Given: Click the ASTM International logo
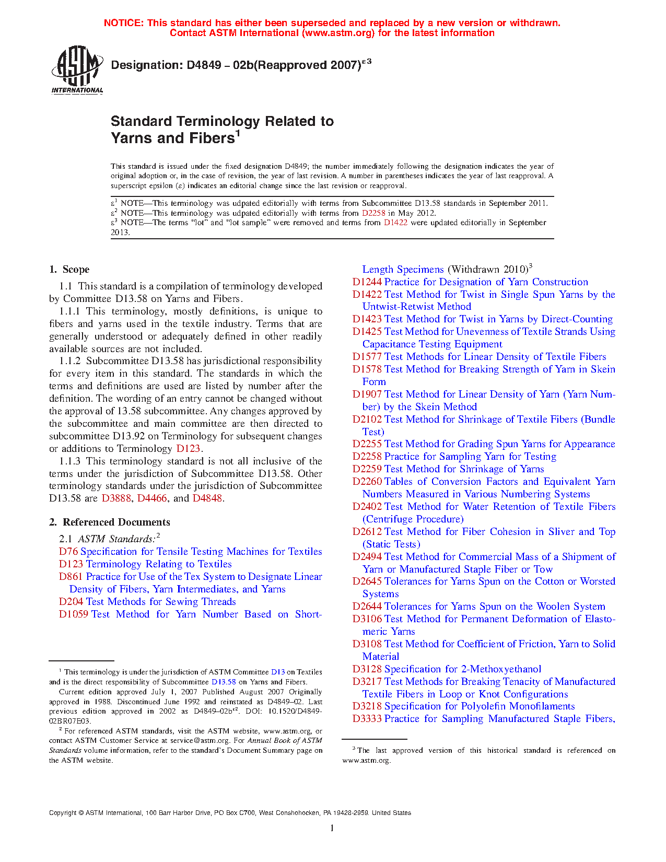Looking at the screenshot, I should [x=77, y=69].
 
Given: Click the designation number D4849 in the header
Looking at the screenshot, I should [x=203, y=65].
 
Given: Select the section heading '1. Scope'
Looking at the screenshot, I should [x=69, y=270].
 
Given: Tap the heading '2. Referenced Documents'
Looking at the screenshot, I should [x=110, y=522].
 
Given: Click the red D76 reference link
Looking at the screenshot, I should [x=68, y=552].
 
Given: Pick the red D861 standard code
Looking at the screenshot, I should [x=71, y=577].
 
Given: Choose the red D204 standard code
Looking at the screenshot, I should [x=71, y=602].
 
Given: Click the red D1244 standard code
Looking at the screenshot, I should [x=367, y=282].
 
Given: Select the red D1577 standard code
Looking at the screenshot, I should [x=367, y=357].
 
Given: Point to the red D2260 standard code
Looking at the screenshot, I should [x=367, y=482].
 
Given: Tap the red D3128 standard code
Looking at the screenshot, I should [x=367, y=669].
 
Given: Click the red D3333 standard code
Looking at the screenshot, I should [x=367, y=719].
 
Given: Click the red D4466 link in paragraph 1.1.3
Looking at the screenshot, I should [x=152, y=498].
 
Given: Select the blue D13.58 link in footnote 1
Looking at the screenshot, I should [x=224, y=682].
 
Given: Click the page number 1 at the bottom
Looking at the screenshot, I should [x=332, y=828].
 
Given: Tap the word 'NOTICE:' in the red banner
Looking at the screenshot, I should [x=124, y=23].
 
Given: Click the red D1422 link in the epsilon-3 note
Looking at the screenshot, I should [x=395, y=223].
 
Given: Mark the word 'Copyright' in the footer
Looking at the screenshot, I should [x=63, y=813].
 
